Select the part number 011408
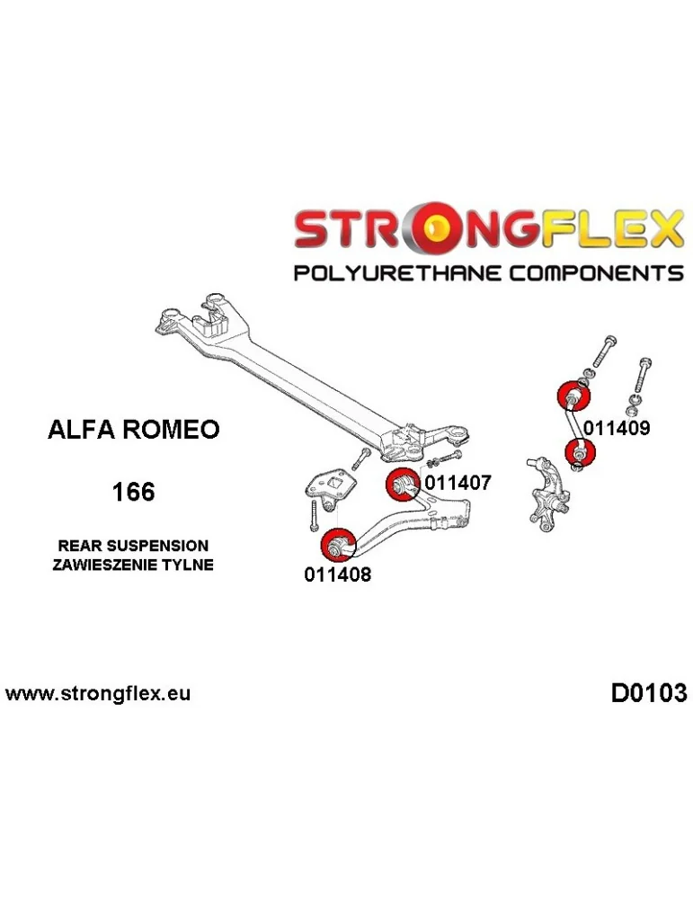tap(337, 574)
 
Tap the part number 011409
tap(616, 429)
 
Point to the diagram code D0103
tap(648, 693)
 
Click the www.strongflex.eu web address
tap(98, 694)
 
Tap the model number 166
tap(133, 493)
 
